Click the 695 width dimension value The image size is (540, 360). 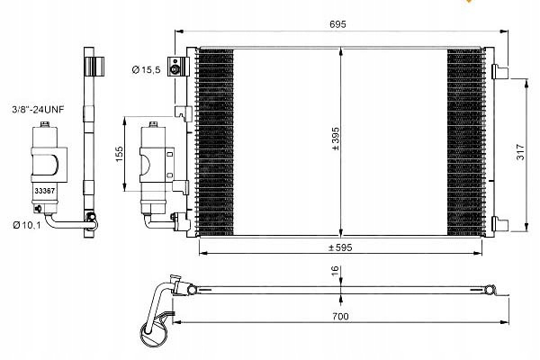[337, 24]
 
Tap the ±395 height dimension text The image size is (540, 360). [336, 139]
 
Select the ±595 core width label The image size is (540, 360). [340, 247]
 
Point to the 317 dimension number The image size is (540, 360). [520, 151]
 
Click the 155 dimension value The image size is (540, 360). [119, 154]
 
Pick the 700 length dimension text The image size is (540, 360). [340, 316]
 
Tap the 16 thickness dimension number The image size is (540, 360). [336, 271]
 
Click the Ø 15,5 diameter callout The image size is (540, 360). [147, 70]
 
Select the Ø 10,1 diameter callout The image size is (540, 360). [27, 225]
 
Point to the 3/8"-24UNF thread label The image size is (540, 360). [38, 110]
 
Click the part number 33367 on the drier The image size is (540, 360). [45, 191]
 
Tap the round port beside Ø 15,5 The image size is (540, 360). [175, 70]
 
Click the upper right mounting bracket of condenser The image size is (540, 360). [499, 71]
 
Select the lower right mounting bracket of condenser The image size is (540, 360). [499, 223]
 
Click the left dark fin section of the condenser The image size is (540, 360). [216, 142]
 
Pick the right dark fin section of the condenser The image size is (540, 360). [465, 142]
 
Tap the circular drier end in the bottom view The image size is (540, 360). [154, 332]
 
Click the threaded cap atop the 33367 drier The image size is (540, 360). [44, 124]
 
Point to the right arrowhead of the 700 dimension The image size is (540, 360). [505, 322]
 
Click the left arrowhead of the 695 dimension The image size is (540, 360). [179, 31]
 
